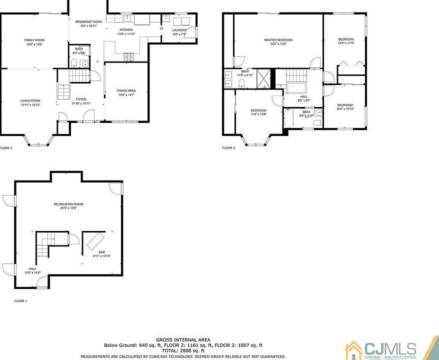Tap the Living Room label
(x=30, y=100)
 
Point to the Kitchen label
(x=126, y=30)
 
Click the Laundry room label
(x=179, y=30)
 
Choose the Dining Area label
(x=126, y=90)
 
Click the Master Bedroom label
(x=278, y=39)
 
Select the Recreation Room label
(x=68, y=204)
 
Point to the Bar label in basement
(x=102, y=252)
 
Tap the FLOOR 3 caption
(x=228, y=148)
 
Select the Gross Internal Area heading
(x=183, y=340)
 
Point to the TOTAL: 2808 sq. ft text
(x=183, y=350)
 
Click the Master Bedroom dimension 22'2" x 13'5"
(x=278, y=44)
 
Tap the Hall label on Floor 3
(x=303, y=96)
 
